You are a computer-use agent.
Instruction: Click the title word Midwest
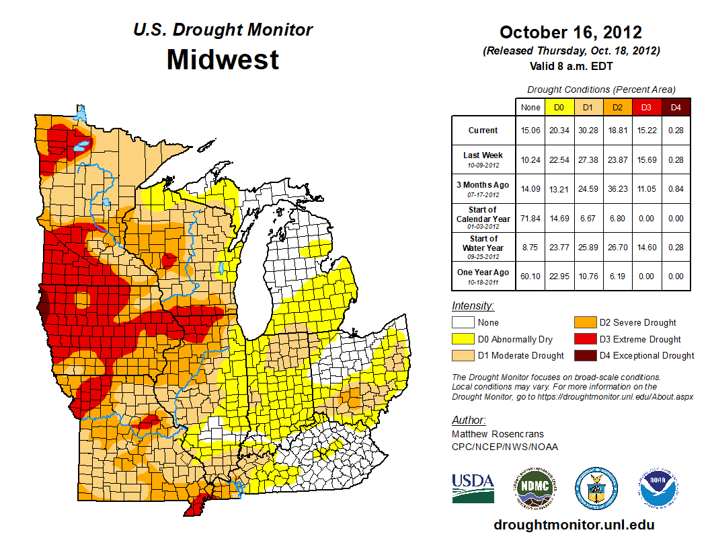tap(223, 60)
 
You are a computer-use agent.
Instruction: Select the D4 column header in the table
tap(676, 108)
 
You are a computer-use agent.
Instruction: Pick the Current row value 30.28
tap(587, 131)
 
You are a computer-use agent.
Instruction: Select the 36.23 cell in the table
tap(616, 188)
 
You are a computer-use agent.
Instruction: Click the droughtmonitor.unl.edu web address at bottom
tap(574, 525)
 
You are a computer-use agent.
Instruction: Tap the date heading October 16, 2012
tap(570, 32)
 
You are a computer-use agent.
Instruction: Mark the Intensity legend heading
tap(473, 306)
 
